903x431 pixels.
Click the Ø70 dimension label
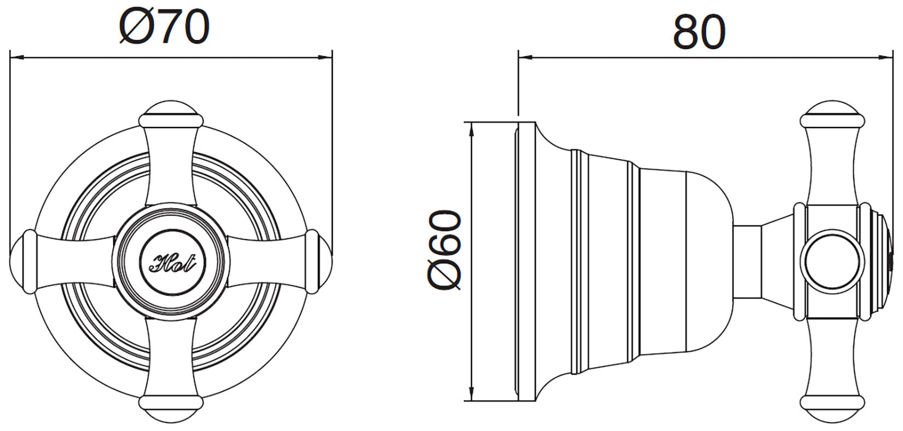pyautogui.click(x=165, y=27)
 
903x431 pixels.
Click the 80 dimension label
pyautogui.click(x=699, y=32)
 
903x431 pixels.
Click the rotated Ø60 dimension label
pyautogui.click(x=444, y=250)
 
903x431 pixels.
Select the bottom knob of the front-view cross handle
pyautogui.click(x=171, y=409)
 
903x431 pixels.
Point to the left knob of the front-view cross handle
pyautogui.click(x=23, y=262)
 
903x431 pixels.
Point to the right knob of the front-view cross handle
pyautogui.click(x=319, y=262)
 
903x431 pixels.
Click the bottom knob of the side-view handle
pyautogui.click(x=832, y=409)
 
